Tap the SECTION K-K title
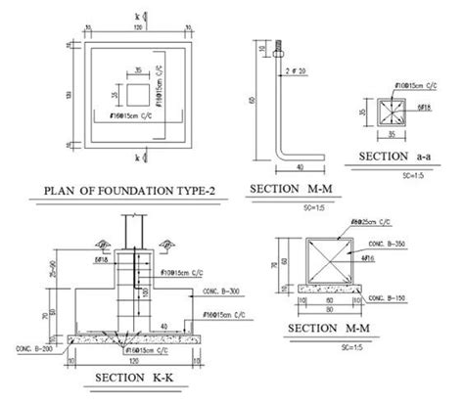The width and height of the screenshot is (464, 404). (129, 375)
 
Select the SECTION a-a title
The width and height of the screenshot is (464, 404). (397, 157)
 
